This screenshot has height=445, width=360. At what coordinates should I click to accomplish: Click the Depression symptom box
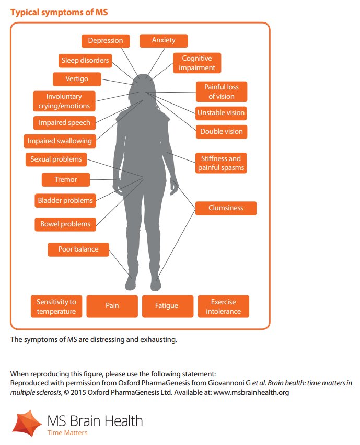coord(106,41)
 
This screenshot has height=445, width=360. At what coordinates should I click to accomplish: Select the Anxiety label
coord(164,40)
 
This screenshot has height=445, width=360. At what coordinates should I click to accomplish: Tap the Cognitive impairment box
coord(198,63)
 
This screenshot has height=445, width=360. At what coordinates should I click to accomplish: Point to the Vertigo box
coord(77,79)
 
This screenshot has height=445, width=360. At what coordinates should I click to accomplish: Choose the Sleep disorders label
coord(85,60)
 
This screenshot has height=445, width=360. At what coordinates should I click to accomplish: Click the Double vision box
coord(221,132)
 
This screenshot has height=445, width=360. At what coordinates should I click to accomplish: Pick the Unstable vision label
coord(221,112)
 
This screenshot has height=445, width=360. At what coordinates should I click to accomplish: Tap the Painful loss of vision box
coord(222,92)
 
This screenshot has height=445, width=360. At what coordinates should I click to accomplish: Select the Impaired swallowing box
coord(60,141)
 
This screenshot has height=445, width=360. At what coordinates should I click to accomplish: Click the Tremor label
coord(66,179)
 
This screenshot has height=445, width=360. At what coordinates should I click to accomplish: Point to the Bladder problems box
coord(65,200)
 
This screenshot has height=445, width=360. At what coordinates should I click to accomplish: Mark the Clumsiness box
coord(226,208)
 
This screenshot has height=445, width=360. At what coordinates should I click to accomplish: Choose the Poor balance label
coord(78,249)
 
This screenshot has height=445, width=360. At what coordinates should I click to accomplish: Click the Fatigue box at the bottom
coord(167,306)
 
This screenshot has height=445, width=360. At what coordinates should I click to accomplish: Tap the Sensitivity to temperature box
coord(56,306)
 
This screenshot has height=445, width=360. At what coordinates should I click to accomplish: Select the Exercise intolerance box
coord(223,306)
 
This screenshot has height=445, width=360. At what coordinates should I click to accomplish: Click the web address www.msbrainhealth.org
coord(250,392)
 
